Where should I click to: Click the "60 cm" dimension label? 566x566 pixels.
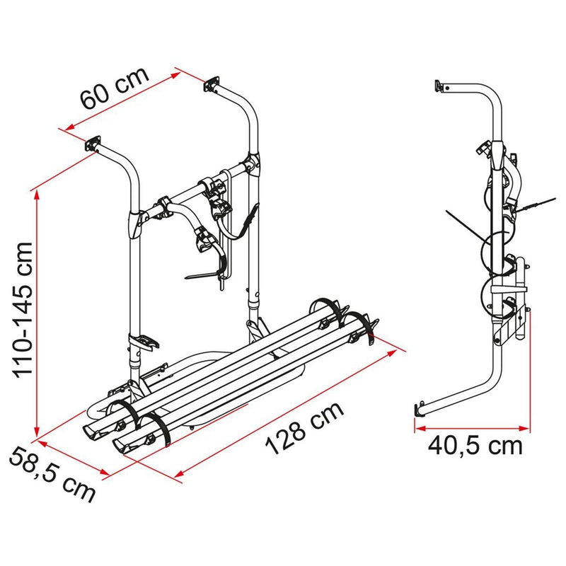point(115,87)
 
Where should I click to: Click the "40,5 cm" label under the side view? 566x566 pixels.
point(475,446)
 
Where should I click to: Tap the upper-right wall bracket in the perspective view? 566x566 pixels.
point(210,86)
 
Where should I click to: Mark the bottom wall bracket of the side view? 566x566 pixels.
point(418,410)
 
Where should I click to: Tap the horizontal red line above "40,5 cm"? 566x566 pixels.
point(470,427)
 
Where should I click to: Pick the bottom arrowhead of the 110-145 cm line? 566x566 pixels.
point(35,433)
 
